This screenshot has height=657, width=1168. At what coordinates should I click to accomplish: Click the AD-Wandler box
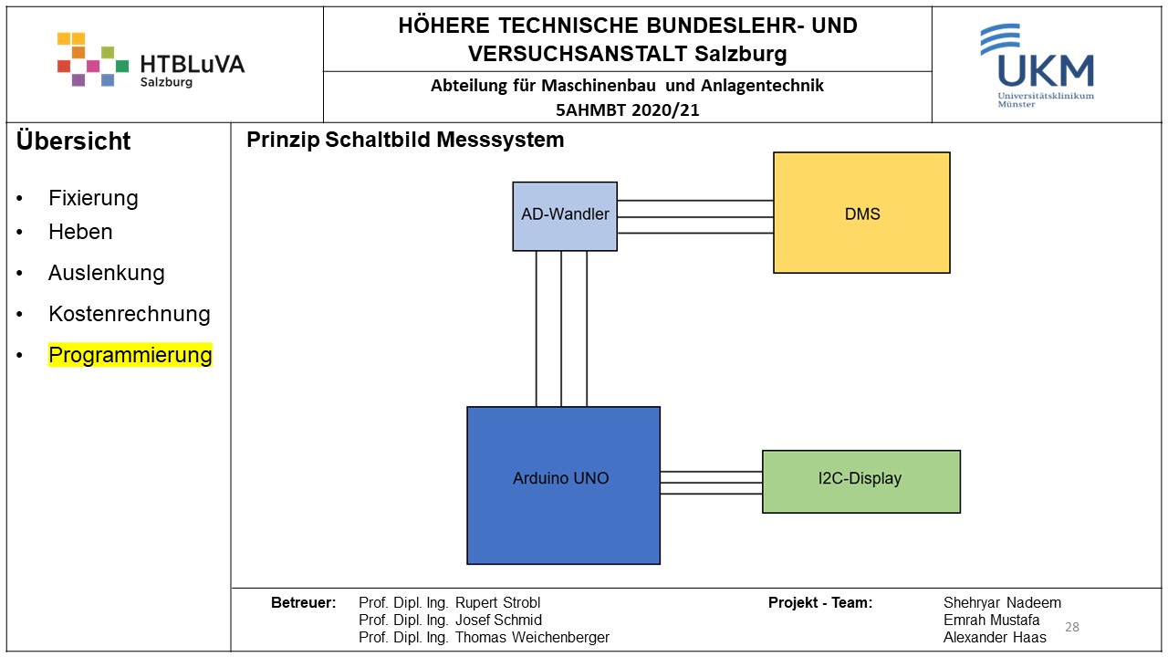pos(565,215)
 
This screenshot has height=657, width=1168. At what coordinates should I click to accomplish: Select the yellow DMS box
pos(861,213)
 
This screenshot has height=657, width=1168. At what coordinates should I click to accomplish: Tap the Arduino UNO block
pos(563,485)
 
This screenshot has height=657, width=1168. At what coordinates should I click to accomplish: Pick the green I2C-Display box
pos(860,481)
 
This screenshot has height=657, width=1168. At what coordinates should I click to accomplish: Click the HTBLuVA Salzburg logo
pos(151,61)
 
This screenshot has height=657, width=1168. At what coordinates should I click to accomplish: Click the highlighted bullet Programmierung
pos(130,355)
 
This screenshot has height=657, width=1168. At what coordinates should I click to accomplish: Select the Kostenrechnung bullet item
pos(130,314)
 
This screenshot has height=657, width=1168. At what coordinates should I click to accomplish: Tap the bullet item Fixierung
pos(93,198)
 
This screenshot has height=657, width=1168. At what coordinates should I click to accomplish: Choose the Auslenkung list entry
pos(107,273)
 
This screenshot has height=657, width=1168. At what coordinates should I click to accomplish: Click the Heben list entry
pos(80,232)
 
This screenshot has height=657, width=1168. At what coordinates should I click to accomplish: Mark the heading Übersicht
pos(74,141)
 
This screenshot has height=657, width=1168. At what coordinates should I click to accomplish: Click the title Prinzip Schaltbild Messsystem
pos(405,141)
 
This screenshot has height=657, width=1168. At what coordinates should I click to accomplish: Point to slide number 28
pos(1072,627)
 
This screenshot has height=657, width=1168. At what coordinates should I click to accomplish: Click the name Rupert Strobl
pos(497,603)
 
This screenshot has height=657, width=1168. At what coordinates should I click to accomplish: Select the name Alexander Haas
pos(995,638)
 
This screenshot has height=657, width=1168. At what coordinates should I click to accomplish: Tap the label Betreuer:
pos(303,603)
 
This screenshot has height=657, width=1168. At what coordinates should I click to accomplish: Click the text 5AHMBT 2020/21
pos(627,110)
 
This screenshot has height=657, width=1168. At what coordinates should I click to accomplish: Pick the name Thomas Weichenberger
pos(532,638)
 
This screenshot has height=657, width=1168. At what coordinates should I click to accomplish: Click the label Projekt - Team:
pos(819,603)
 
